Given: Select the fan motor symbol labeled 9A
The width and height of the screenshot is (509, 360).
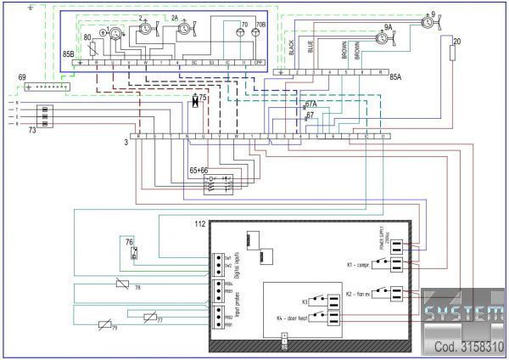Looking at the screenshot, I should [384, 37].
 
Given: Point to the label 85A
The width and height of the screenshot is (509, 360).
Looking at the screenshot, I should [395, 77].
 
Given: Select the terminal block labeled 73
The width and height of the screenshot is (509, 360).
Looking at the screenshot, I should [48, 115].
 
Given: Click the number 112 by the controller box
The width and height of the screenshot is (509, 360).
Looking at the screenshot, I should [200, 225].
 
